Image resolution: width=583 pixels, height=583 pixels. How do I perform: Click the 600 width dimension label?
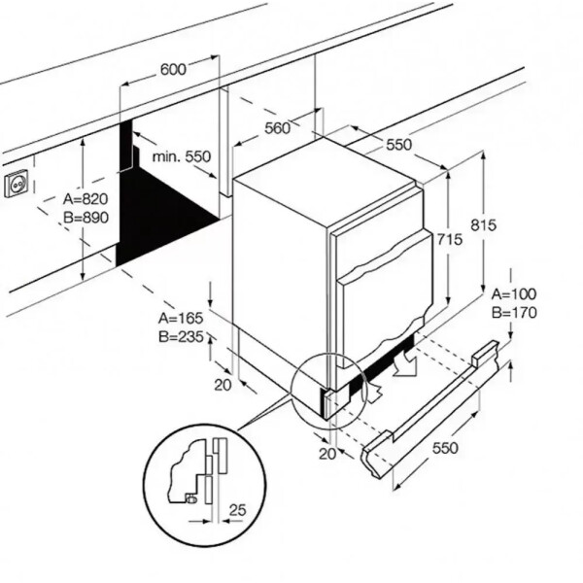click(x=172, y=69)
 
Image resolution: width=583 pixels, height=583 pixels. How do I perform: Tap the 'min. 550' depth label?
click(x=181, y=156)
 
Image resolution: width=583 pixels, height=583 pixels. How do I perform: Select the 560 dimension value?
click(x=277, y=127)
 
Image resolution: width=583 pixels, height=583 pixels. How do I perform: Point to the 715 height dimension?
click(x=447, y=239)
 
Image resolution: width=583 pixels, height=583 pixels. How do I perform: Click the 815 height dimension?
click(x=483, y=225)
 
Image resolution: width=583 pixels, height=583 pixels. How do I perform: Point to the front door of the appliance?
click(x=384, y=291)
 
